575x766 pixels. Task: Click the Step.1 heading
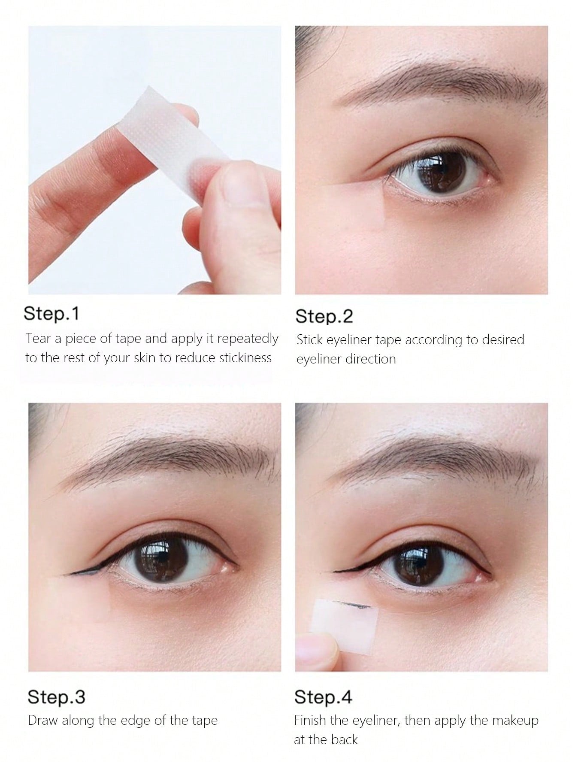pos(51,313)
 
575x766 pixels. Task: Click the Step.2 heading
pos(324,316)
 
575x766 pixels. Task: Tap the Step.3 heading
pos(56,697)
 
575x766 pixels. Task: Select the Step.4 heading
pos(323,697)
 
